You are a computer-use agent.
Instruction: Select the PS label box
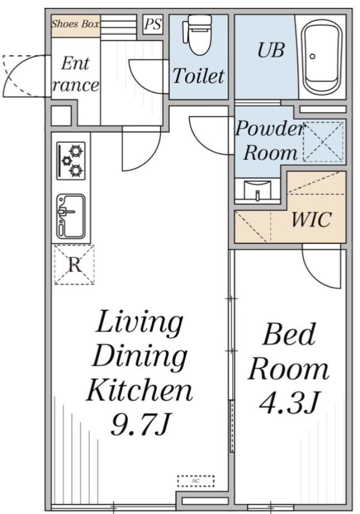pos(153,24)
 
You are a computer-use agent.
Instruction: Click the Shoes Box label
pos(75,24)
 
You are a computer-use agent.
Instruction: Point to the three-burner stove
pos(71,161)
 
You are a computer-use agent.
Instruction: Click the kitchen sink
pos(71,217)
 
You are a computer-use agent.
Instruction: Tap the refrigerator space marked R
pos(74,265)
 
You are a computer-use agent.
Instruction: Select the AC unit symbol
pos(196,481)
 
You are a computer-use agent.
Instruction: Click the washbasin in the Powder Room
pos(257,190)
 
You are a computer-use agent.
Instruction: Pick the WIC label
pos(311,219)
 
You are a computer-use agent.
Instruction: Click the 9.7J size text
pos(140,424)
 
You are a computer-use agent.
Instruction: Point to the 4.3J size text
pos(289,402)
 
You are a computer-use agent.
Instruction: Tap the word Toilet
pos(198,76)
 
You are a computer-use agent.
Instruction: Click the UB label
pos(271,50)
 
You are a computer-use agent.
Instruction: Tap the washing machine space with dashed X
pos(323,142)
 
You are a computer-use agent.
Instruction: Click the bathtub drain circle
pos(313,56)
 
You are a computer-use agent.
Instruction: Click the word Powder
pos(270,128)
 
